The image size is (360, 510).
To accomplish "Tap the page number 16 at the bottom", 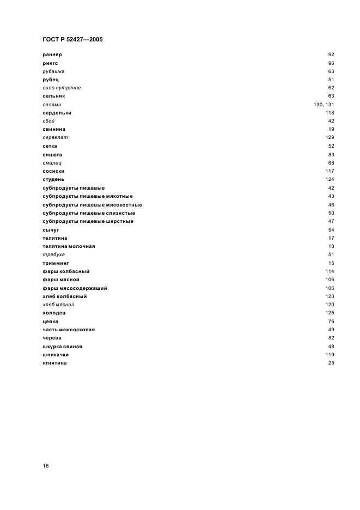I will [46, 466].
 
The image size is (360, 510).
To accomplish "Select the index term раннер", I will [52, 54].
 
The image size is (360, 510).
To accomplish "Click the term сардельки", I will [57, 113].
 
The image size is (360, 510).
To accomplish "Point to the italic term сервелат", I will [55, 138].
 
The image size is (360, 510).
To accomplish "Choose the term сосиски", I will [53, 171].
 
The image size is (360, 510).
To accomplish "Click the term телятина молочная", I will [69, 246].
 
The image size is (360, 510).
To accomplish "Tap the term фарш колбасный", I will [66, 271].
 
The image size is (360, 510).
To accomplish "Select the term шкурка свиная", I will [63, 347].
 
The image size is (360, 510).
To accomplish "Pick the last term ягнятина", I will [54, 363].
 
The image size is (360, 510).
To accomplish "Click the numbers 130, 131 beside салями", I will [324, 105].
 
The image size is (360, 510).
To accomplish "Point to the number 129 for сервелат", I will [330, 138].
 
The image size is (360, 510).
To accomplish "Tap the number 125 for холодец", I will [330, 313].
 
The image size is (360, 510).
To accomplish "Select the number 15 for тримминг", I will [331, 263].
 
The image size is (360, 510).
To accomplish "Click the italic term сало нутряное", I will [62, 88].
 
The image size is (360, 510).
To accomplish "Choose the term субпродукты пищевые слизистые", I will [89, 213].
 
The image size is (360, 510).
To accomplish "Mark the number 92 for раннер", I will [331, 54].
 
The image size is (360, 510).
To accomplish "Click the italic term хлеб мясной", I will [58, 305].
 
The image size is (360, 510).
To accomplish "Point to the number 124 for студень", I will [330, 179].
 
